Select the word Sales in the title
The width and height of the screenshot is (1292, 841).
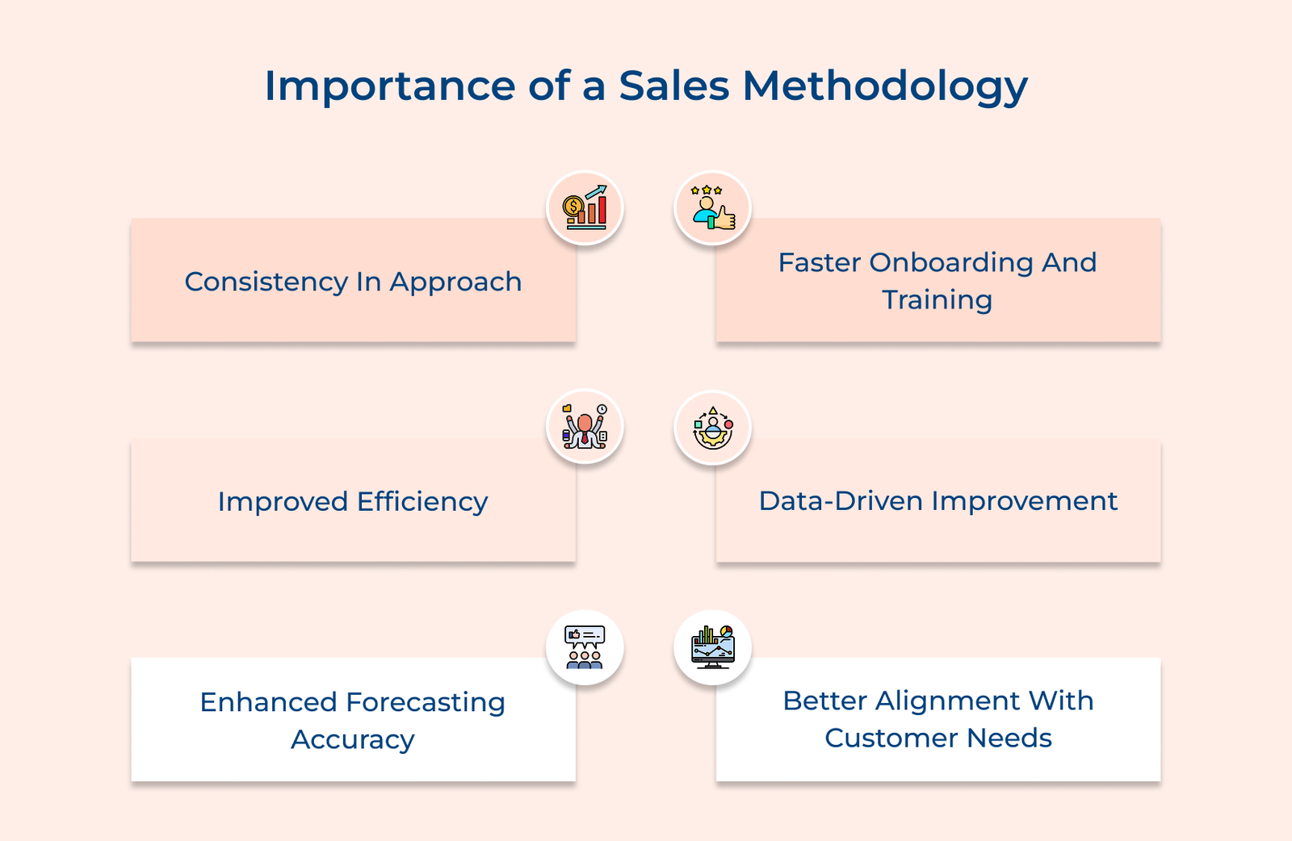(x=674, y=86)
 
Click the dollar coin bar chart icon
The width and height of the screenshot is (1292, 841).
(x=585, y=207)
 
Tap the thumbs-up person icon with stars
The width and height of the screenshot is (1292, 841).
(x=713, y=207)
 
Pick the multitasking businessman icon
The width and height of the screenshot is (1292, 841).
(x=585, y=426)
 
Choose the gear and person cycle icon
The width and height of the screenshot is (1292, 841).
(x=713, y=427)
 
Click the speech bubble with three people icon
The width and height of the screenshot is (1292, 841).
(x=585, y=646)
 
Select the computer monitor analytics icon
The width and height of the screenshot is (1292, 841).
(x=713, y=646)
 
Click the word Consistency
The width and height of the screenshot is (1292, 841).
(x=266, y=282)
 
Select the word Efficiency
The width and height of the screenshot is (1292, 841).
(x=422, y=502)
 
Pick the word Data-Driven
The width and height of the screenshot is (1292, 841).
(x=841, y=501)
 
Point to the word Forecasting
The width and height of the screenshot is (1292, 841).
(x=426, y=703)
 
